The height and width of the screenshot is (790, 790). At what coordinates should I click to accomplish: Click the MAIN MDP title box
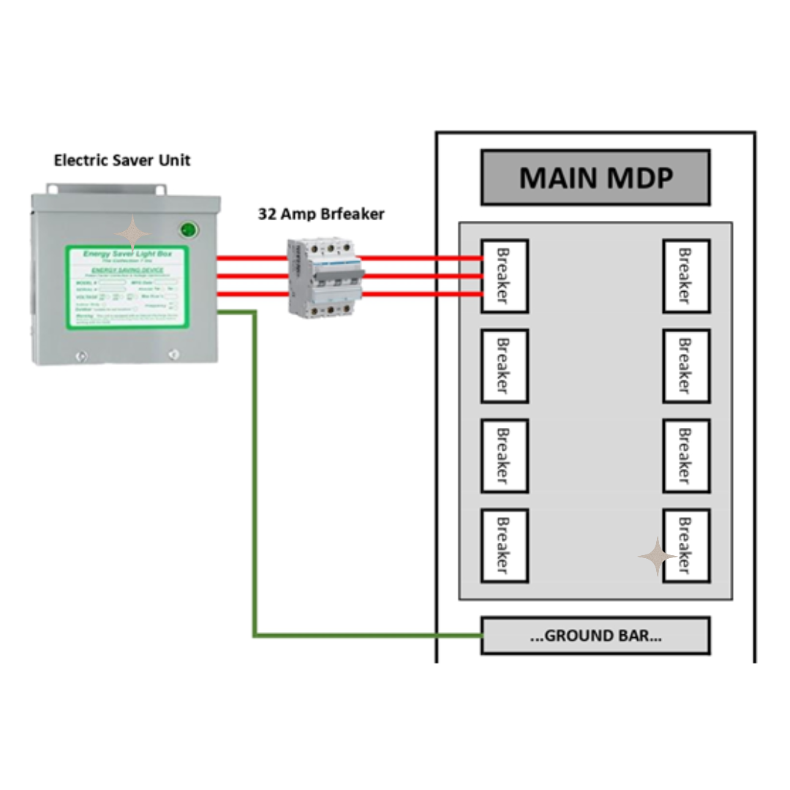[x=595, y=177]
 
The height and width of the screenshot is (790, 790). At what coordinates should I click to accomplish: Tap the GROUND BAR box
[x=595, y=635]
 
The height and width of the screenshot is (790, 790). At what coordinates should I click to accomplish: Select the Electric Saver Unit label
[x=122, y=160]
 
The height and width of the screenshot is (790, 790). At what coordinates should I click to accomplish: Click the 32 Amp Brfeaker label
[x=321, y=214]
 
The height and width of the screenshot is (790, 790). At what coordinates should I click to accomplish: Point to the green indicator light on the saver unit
[x=189, y=230]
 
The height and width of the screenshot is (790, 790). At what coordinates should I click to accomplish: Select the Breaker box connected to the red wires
[x=504, y=276]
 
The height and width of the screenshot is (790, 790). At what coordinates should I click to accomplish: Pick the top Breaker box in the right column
[x=685, y=276]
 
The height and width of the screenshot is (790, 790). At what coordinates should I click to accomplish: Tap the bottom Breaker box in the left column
[x=504, y=546]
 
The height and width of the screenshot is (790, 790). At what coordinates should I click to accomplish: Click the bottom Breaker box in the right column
[x=685, y=546]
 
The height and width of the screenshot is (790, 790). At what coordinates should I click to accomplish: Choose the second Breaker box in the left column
[x=504, y=366]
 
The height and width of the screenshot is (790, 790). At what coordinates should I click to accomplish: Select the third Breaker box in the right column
[x=685, y=456]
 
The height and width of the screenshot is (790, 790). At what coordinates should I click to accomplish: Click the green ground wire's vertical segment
[x=255, y=475]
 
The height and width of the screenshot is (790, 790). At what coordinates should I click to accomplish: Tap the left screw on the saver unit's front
[x=81, y=356]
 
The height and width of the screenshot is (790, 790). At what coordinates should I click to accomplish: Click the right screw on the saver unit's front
[x=173, y=355]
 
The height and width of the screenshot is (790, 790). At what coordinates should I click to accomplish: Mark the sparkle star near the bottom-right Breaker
[x=657, y=557]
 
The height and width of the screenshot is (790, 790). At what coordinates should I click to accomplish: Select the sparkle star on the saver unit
[x=132, y=233]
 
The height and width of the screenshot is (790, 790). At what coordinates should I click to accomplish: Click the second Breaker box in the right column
[x=685, y=366]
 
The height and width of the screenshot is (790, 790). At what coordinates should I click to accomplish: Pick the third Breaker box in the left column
[x=504, y=456]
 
